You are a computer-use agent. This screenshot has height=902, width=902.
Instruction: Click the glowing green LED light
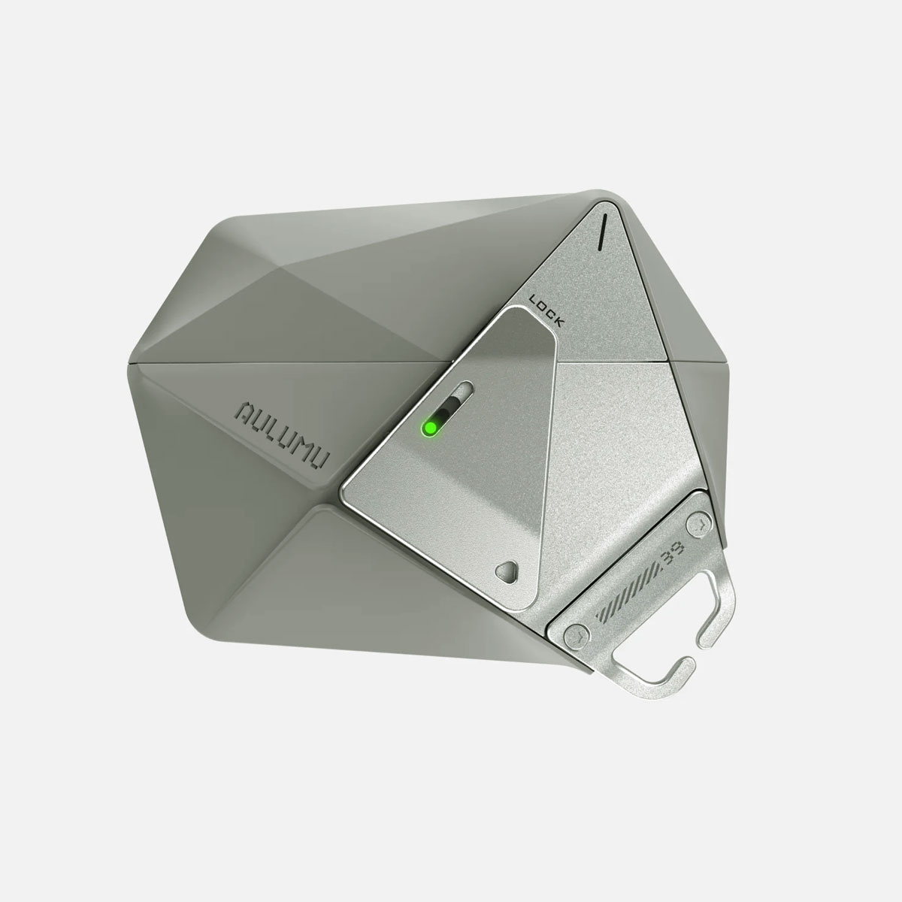tap(429, 428)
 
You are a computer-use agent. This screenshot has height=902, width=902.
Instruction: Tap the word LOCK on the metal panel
tap(546, 310)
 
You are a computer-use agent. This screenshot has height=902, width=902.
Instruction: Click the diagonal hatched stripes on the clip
tap(628, 594)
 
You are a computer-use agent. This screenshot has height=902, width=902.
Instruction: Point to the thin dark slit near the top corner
tap(602, 230)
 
